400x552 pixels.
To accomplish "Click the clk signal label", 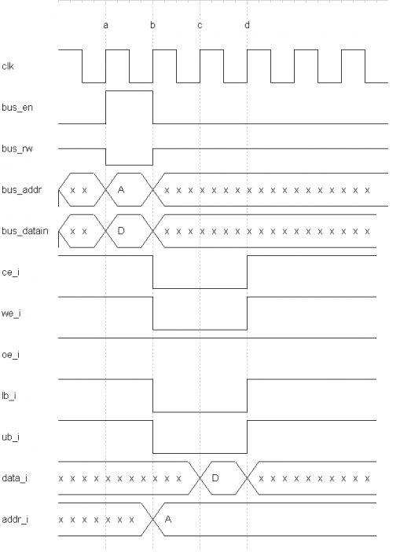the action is pyautogui.click(x=8, y=66).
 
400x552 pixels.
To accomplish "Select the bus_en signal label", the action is pyautogui.click(x=17, y=108).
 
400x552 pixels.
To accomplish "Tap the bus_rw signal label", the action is pyautogui.click(x=17, y=148).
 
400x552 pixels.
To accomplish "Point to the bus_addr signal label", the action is pyautogui.click(x=21, y=190).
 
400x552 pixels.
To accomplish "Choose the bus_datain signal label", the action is pyautogui.click(x=25, y=231).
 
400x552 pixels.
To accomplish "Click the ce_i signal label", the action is pyautogui.click(x=10, y=272).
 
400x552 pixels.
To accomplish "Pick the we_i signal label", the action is pyautogui.click(x=11, y=313).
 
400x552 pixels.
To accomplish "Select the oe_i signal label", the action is pyautogui.click(x=10, y=354).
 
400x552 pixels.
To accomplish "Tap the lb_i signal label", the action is pyautogui.click(x=9, y=396).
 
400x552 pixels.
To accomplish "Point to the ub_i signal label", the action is pyautogui.click(x=10, y=437).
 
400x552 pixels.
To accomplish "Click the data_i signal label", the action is pyautogui.click(x=14, y=478).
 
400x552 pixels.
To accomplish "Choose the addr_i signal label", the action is pyautogui.click(x=15, y=519).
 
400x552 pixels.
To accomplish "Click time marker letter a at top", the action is pyautogui.click(x=106, y=25).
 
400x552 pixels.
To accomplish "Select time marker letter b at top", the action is pyautogui.click(x=152, y=25).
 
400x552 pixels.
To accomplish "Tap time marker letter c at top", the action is pyautogui.click(x=200, y=25).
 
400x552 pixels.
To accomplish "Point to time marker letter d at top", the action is pyautogui.click(x=247, y=25).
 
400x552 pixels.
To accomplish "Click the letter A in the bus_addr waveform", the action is pyautogui.click(x=121, y=190).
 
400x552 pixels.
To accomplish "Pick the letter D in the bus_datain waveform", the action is pyautogui.click(x=121, y=231).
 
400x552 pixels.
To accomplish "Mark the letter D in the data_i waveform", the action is pyautogui.click(x=215, y=477).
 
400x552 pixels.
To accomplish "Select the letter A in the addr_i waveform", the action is pyautogui.click(x=168, y=519).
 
